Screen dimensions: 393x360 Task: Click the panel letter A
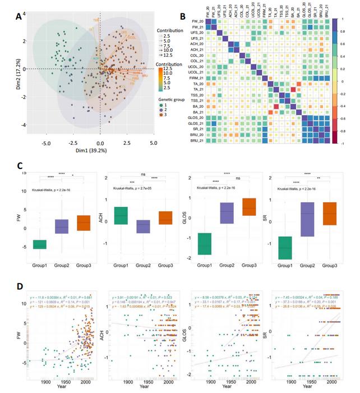19,17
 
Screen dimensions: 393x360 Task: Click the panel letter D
19,286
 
